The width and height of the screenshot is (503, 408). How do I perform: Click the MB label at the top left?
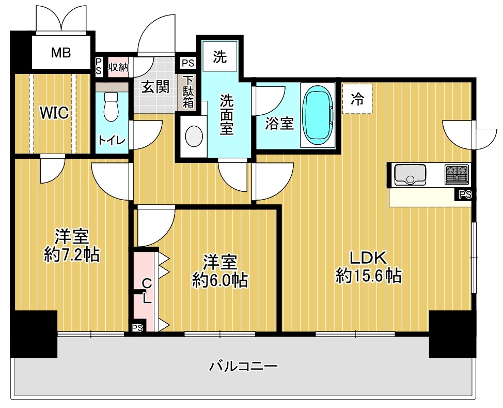point(61,52)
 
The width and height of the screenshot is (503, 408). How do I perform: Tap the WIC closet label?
point(55,113)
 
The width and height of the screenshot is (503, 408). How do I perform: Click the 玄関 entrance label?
point(155,87)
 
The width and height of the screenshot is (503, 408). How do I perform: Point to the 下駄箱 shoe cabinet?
point(187,92)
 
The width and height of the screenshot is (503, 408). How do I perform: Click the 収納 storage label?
point(118,67)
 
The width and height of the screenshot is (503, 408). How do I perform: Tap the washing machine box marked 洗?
point(220,57)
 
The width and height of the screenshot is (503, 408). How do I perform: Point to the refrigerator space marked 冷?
point(357,99)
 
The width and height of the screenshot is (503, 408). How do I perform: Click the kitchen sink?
point(410,174)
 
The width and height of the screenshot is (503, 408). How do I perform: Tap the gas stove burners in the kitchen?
point(457,174)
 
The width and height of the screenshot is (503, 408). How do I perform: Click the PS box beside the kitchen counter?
point(463,195)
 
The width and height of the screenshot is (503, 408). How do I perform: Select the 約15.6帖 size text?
point(369,276)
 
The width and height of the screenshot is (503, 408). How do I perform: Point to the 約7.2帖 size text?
point(72,254)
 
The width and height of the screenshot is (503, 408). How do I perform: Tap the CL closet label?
point(147,291)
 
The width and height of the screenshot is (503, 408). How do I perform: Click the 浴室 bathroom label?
point(279,124)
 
